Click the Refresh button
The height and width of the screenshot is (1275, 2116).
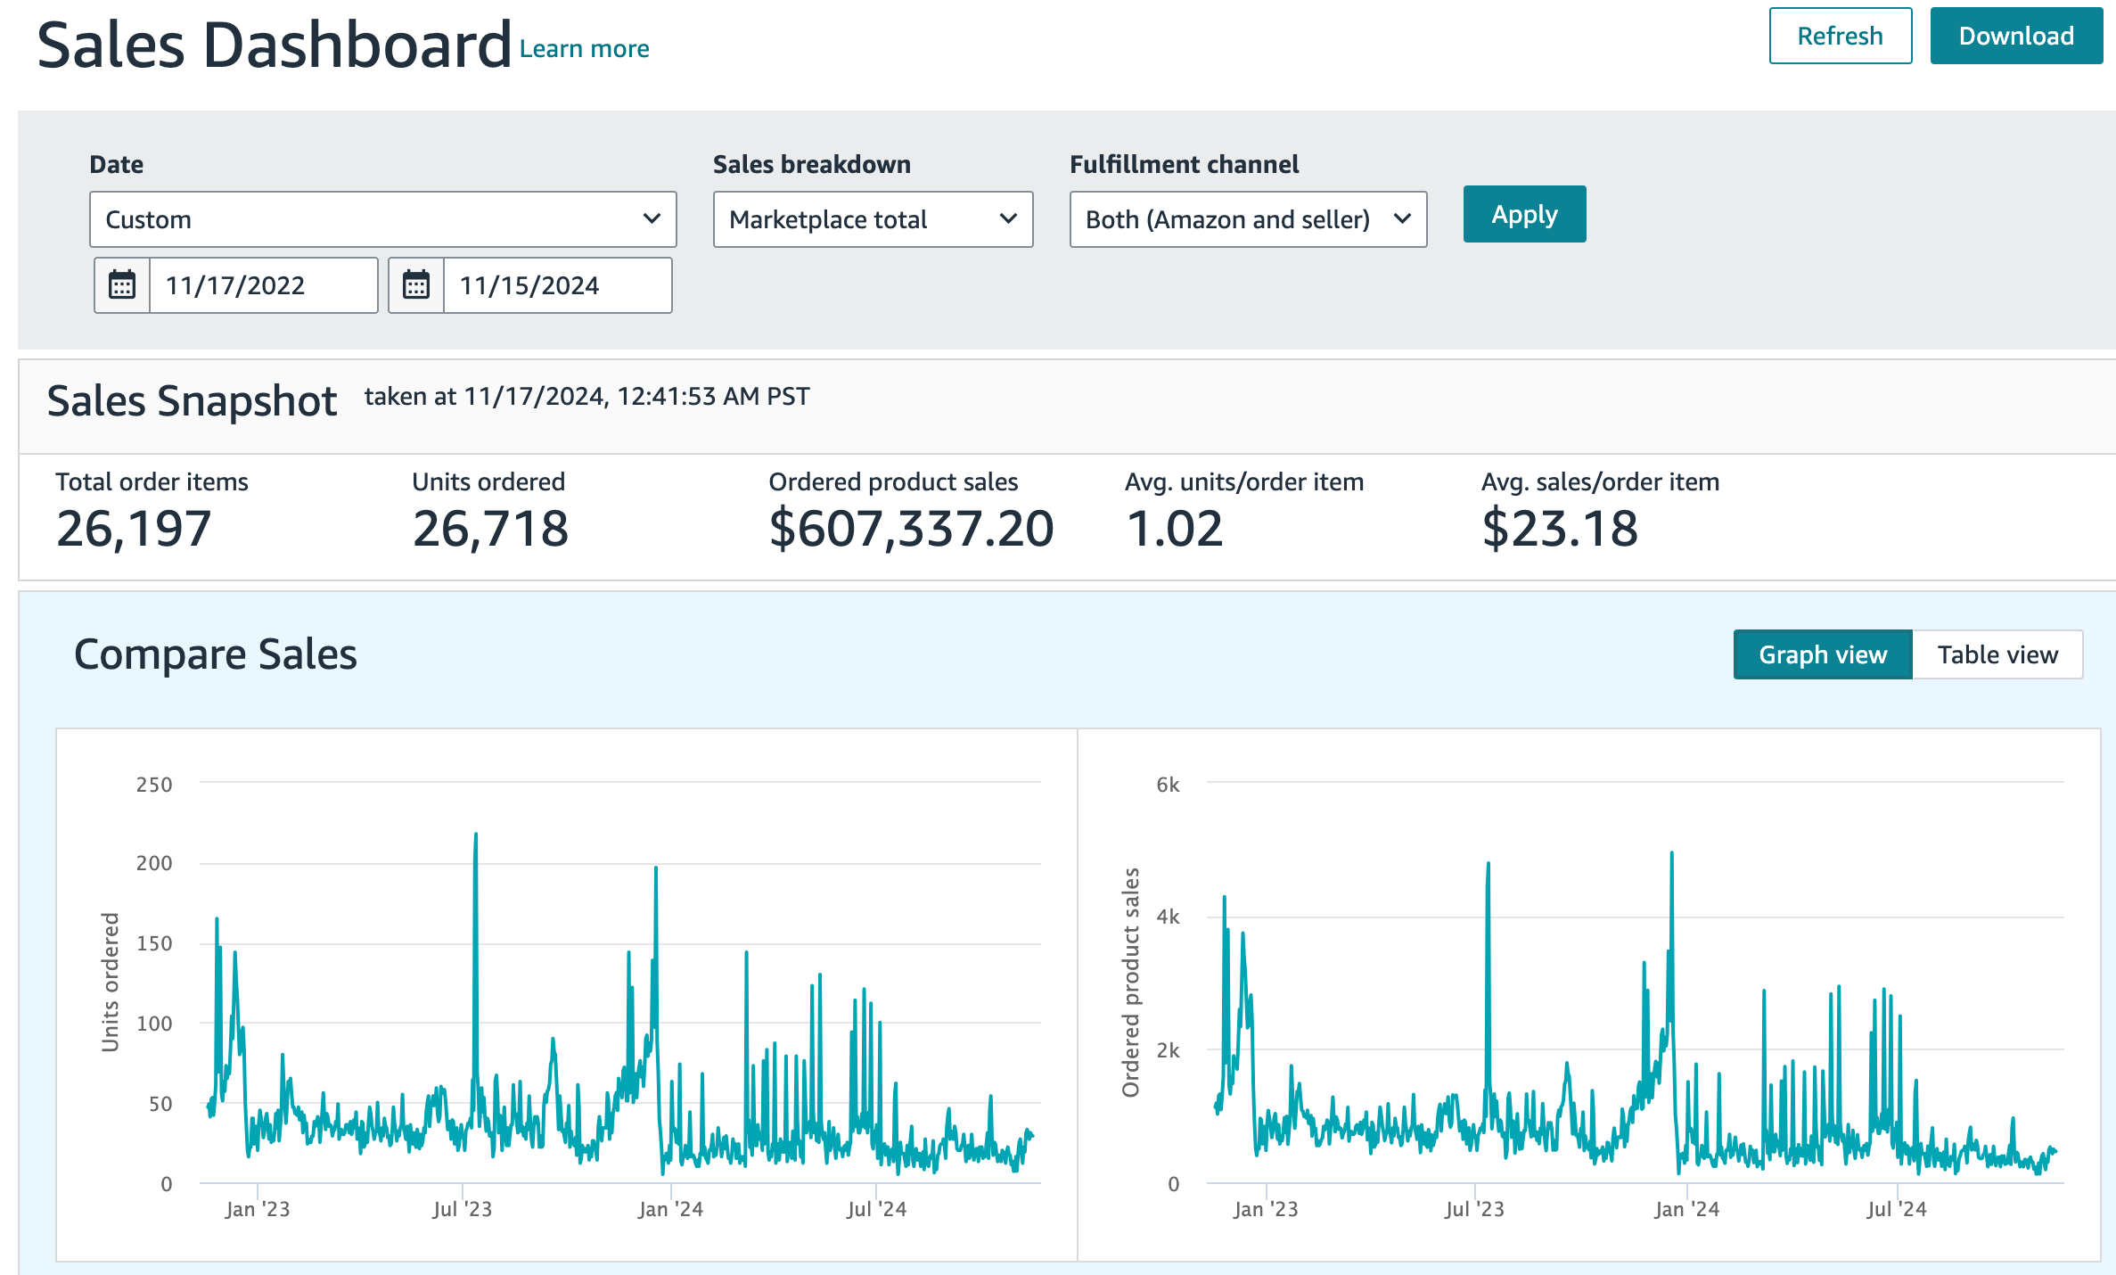[x=1840, y=36]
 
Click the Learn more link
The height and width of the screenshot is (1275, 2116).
[x=584, y=48]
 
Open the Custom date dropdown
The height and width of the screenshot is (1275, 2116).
[x=382, y=219]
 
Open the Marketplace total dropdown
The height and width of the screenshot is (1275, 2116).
[x=873, y=219]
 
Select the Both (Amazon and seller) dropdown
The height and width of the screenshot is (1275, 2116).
[x=1248, y=219]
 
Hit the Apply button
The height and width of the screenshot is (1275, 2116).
[x=1524, y=214]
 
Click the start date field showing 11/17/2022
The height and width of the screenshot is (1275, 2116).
[x=263, y=285]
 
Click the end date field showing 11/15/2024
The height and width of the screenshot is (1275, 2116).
[x=557, y=285]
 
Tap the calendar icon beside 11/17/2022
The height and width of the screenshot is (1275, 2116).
[x=122, y=285]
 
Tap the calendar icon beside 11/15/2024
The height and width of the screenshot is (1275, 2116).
[x=416, y=285]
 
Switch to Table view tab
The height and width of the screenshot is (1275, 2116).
[x=1997, y=654]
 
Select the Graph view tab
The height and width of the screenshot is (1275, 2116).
[x=1823, y=654]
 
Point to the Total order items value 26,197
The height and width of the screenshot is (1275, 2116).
[x=134, y=529]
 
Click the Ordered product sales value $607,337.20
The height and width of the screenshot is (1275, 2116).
[x=911, y=529]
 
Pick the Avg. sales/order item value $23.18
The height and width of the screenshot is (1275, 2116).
[x=1560, y=529]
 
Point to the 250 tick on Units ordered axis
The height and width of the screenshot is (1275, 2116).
[x=154, y=785]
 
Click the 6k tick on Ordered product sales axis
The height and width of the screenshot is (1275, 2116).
[x=1168, y=785]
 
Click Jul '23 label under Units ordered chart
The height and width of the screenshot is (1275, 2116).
[x=462, y=1209]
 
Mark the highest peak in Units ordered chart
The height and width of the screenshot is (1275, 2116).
[x=476, y=835]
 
